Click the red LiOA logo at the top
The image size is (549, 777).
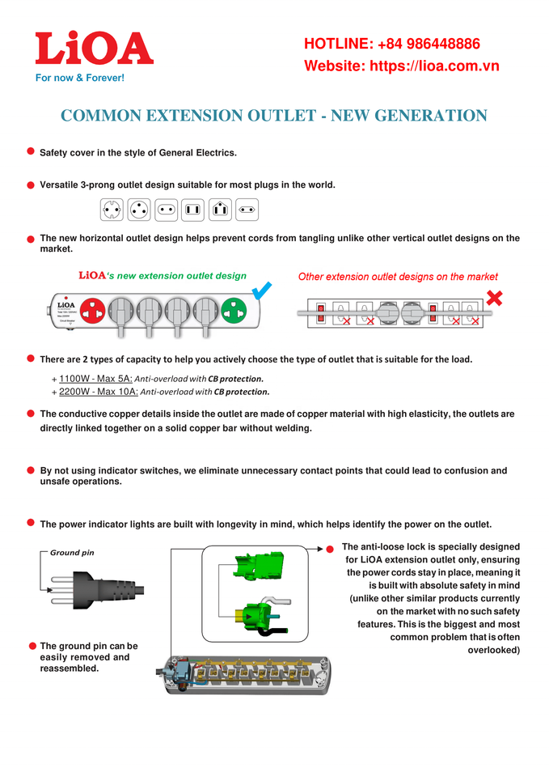[94, 49]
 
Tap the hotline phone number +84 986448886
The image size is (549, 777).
[429, 44]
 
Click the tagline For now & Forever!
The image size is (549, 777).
[79, 79]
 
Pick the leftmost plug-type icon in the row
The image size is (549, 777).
[112, 210]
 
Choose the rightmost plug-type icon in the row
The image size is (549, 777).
[248, 210]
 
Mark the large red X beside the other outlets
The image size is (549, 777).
[494, 297]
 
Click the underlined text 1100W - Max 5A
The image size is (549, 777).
[95, 378]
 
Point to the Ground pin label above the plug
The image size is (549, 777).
[72, 553]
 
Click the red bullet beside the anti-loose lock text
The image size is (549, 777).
[330, 550]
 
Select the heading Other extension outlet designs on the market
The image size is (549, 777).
[398, 277]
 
